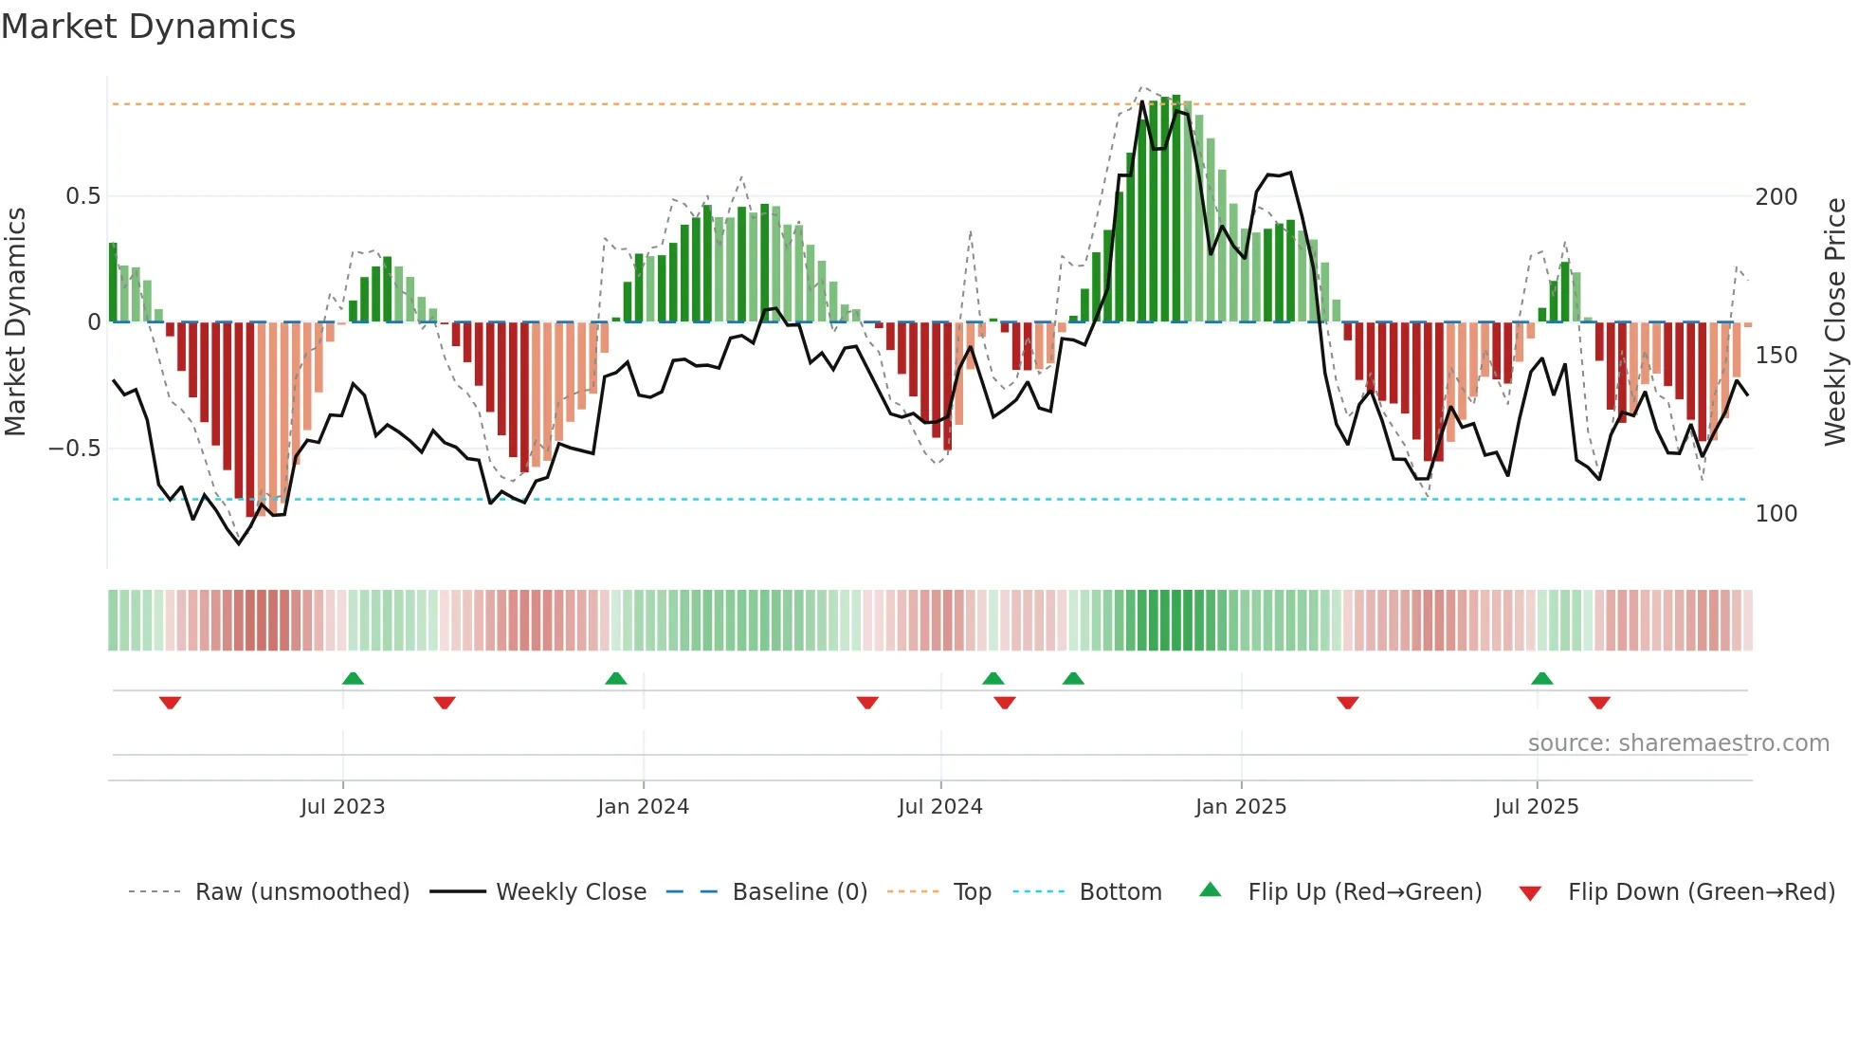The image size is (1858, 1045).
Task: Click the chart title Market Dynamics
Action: pos(148,27)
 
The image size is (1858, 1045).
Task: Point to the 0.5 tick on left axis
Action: pos(82,196)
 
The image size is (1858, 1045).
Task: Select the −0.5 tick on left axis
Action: pos(75,449)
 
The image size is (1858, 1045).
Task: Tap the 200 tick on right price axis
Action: pos(1776,197)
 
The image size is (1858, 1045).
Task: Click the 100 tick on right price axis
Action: pos(1776,514)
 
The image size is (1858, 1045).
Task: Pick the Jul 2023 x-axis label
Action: pos(342,807)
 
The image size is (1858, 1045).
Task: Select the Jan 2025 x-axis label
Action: pos(1240,807)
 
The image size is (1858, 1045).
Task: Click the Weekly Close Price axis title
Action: pos(1835,322)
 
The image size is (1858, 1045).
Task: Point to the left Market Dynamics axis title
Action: pos(15,322)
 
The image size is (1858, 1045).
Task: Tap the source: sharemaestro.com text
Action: pos(1678,743)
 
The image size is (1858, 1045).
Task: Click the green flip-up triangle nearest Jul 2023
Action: pos(353,678)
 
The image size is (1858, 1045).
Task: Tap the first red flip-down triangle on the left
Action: pos(170,703)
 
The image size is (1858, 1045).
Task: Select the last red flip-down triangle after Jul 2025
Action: pos(1599,703)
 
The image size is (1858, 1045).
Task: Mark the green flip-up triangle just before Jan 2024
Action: pos(615,678)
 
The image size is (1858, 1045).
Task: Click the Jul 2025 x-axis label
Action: pos(1536,807)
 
